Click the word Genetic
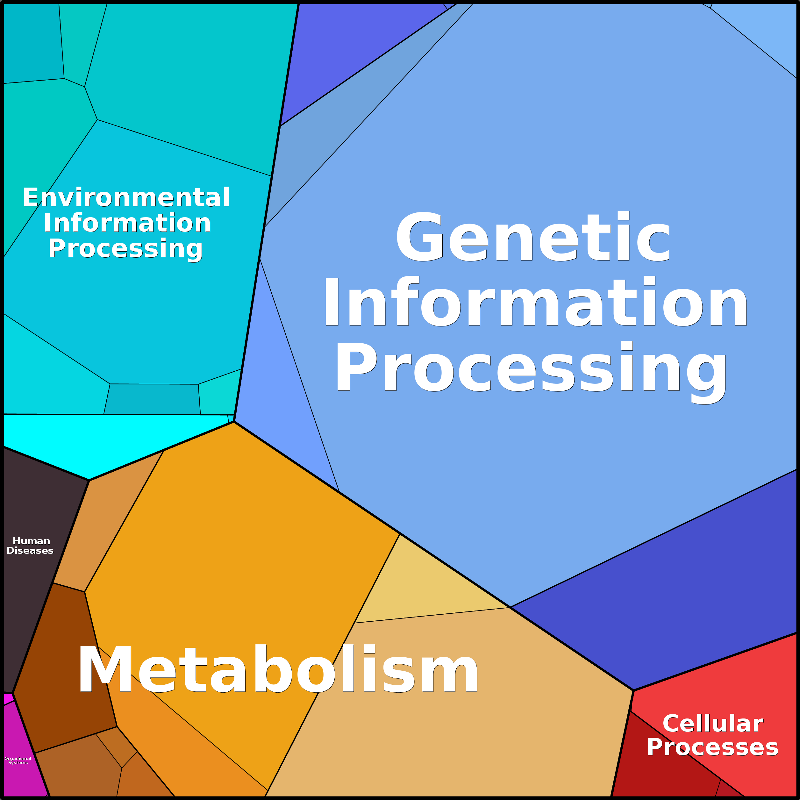click(533, 237)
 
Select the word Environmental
click(126, 197)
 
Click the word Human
click(31, 541)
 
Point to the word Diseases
click(30, 551)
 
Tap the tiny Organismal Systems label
click(18, 760)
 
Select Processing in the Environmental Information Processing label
click(125, 249)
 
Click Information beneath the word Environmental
click(127, 223)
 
